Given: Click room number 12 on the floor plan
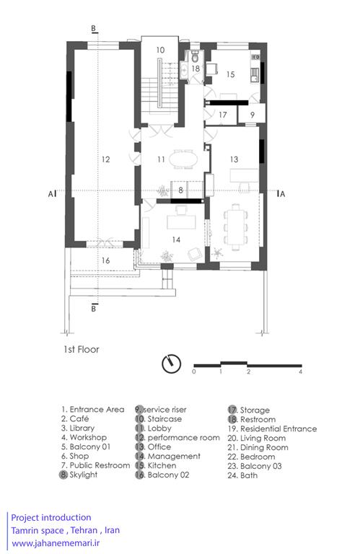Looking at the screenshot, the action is [105, 159].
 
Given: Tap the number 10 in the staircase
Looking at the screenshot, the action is [160, 50].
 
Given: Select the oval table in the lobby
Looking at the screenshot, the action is [183, 159].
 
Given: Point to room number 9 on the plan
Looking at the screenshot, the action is [253, 115].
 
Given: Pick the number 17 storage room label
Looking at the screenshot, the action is [223, 115].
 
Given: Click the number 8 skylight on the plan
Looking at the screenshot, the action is [180, 190].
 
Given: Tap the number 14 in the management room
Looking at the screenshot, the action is [176, 240].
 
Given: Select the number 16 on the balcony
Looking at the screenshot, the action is [105, 260].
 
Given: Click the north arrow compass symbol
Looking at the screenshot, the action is [172, 364].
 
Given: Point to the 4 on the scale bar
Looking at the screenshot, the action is [300, 371].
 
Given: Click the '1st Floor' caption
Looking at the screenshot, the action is [82, 349].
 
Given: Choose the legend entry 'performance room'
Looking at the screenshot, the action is [183, 438].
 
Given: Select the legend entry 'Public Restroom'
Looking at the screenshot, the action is [100, 465].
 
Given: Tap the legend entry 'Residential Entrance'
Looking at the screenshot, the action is [278, 428].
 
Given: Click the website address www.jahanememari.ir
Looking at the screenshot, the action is [56, 543].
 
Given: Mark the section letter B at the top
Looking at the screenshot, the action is [94, 28].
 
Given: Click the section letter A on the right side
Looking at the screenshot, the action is [282, 194].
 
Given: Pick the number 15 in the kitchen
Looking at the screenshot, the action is [230, 74].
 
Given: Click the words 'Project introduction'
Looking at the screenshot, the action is [51, 518].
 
